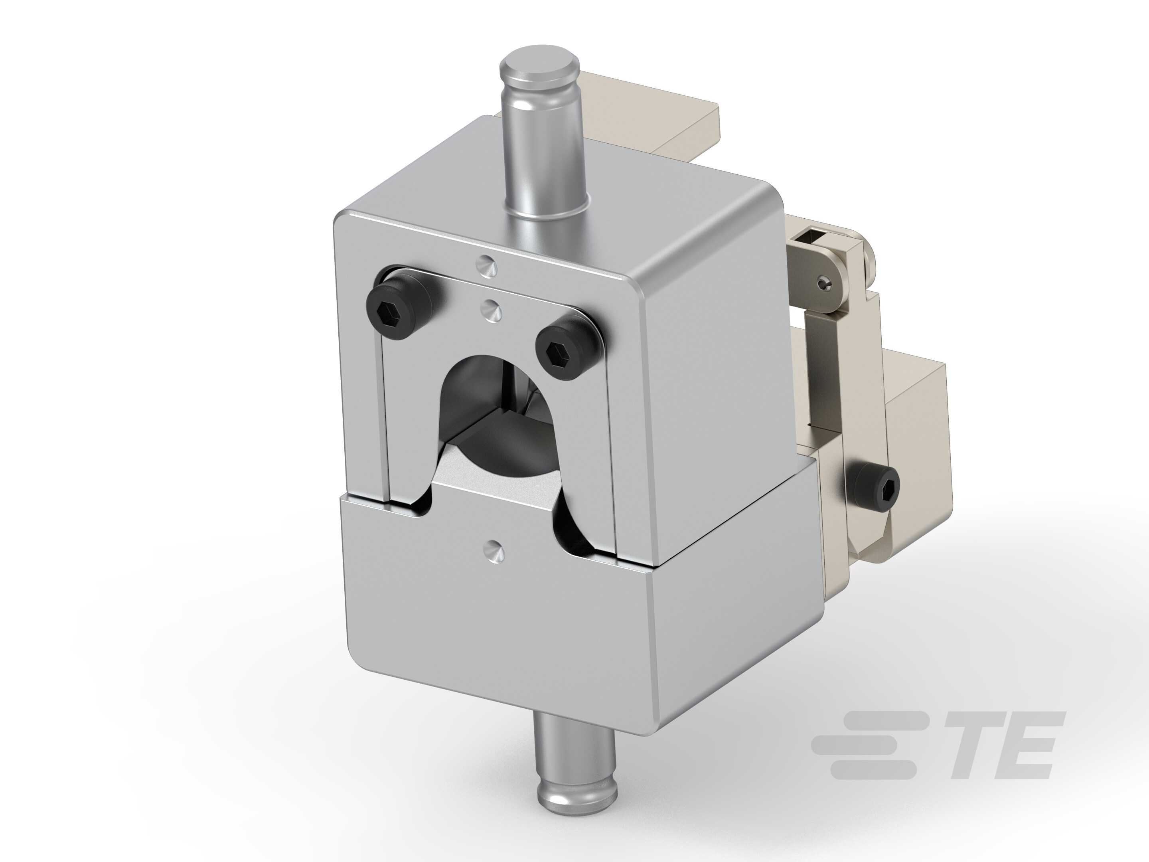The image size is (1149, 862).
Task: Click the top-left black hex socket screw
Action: (x=399, y=310)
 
